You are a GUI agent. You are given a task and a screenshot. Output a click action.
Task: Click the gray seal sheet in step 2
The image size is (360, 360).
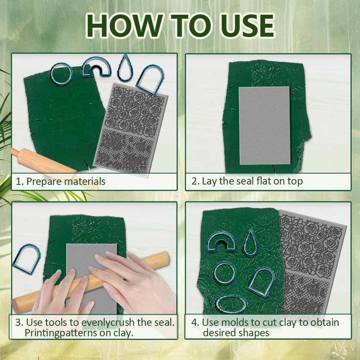tap(265, 126)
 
